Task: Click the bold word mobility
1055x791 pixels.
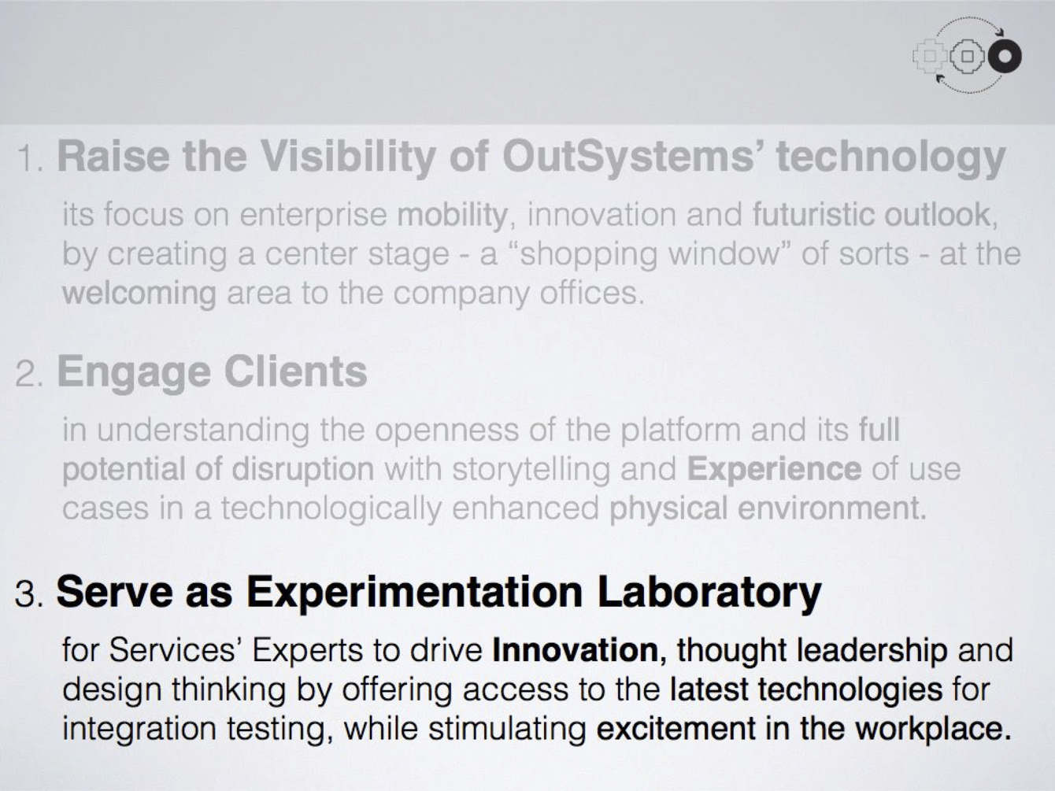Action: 452,214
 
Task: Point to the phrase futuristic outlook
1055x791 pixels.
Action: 871,214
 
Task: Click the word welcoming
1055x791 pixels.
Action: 139,293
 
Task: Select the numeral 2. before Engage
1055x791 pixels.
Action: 31,375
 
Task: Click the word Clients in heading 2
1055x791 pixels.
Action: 294,371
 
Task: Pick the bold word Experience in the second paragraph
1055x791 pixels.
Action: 774,469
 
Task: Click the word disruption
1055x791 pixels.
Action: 303,469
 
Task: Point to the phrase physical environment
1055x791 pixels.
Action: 767,508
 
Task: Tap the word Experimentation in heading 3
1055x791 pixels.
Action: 414,591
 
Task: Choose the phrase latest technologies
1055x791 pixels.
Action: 805,689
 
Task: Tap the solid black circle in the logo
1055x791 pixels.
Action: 1005,56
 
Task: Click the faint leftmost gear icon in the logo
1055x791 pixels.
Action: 930,56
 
